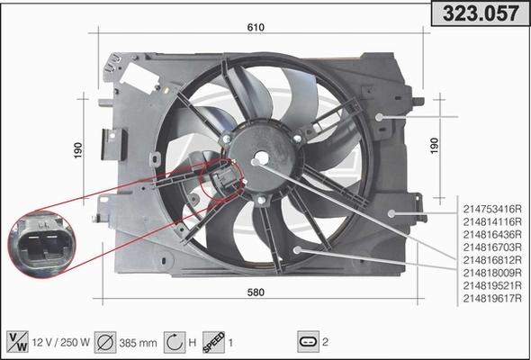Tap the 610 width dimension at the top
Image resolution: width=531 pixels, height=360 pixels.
tap(256, 28)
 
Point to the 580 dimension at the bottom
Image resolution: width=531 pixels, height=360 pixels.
tap(256, 292)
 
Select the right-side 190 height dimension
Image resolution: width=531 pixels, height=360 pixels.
tap(435, 145)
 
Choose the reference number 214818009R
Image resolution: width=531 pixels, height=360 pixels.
tap(491, 272)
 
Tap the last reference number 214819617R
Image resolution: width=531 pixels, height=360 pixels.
tap(491, 298)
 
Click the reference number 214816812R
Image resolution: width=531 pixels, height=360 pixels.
tap(491, 259)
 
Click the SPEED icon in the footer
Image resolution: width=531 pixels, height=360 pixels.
tap(214, 341)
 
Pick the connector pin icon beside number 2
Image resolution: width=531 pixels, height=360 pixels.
tap(307, 342)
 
